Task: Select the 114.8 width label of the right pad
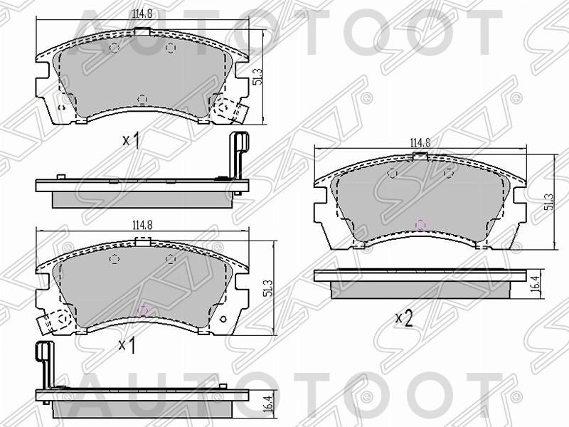pyautogui.click(x=420, y=142)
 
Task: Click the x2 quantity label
pyautogui.click(x=403, y=318)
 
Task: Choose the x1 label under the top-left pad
pyautogui.click(x=130, y=140)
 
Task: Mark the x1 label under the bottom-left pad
pyautogui.click(x=127, y=345)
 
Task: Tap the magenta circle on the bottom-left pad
pyautogui.click(x=142, y=310)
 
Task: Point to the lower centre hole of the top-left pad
pyautogui.click(x=142, y=98)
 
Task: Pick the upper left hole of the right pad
pyautogui.click(x=392, y=173)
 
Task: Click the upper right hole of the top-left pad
pyautogui.click(x=170, y=47)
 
